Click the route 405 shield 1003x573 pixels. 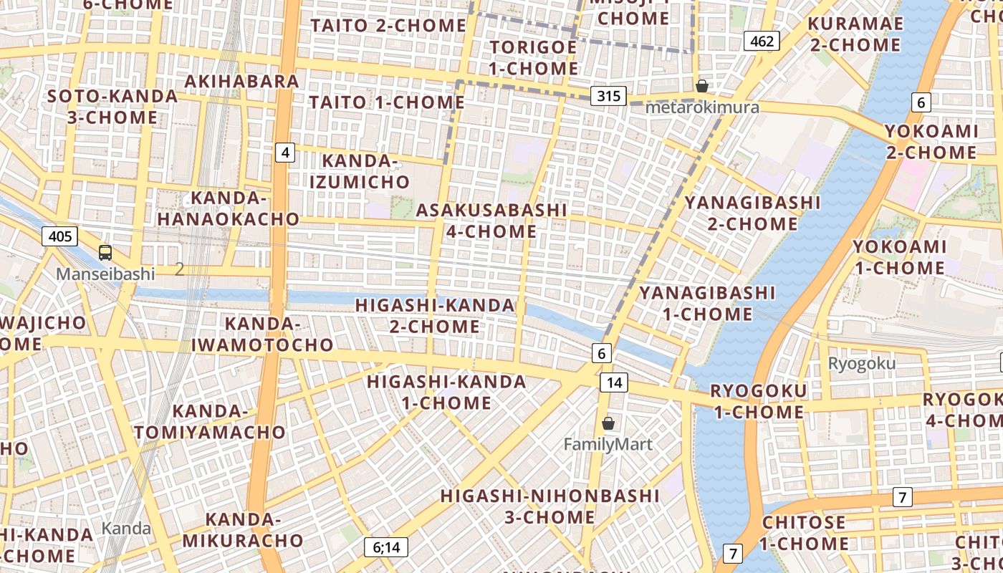(x=59, y=236)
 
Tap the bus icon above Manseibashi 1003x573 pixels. (x=105, y=252)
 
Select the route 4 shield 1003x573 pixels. (x=285, y=153)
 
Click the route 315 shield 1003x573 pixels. (x=609, y=96)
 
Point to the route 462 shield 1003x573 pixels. (x=761, y=41)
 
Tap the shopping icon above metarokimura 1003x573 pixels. (x=702, y=86)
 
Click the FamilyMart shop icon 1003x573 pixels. (x=608, y=423)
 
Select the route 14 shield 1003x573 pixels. (x=614, y=382)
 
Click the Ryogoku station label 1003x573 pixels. (x=861, y=363)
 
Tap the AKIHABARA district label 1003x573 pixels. (x=241, y=81)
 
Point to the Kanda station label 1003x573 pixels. (x=126, y=529)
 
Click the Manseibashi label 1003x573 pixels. (x=105, y=274)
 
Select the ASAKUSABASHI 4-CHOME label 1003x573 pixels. (x=491, y=221)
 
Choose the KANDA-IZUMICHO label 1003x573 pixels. (x=359, y=171)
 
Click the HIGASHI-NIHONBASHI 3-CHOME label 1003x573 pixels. (x=550, y=506)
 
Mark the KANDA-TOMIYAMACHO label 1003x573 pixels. (x=210, y=422)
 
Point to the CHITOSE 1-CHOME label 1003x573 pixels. (x=803, y=533)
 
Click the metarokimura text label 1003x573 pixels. (x=702, y=107)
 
